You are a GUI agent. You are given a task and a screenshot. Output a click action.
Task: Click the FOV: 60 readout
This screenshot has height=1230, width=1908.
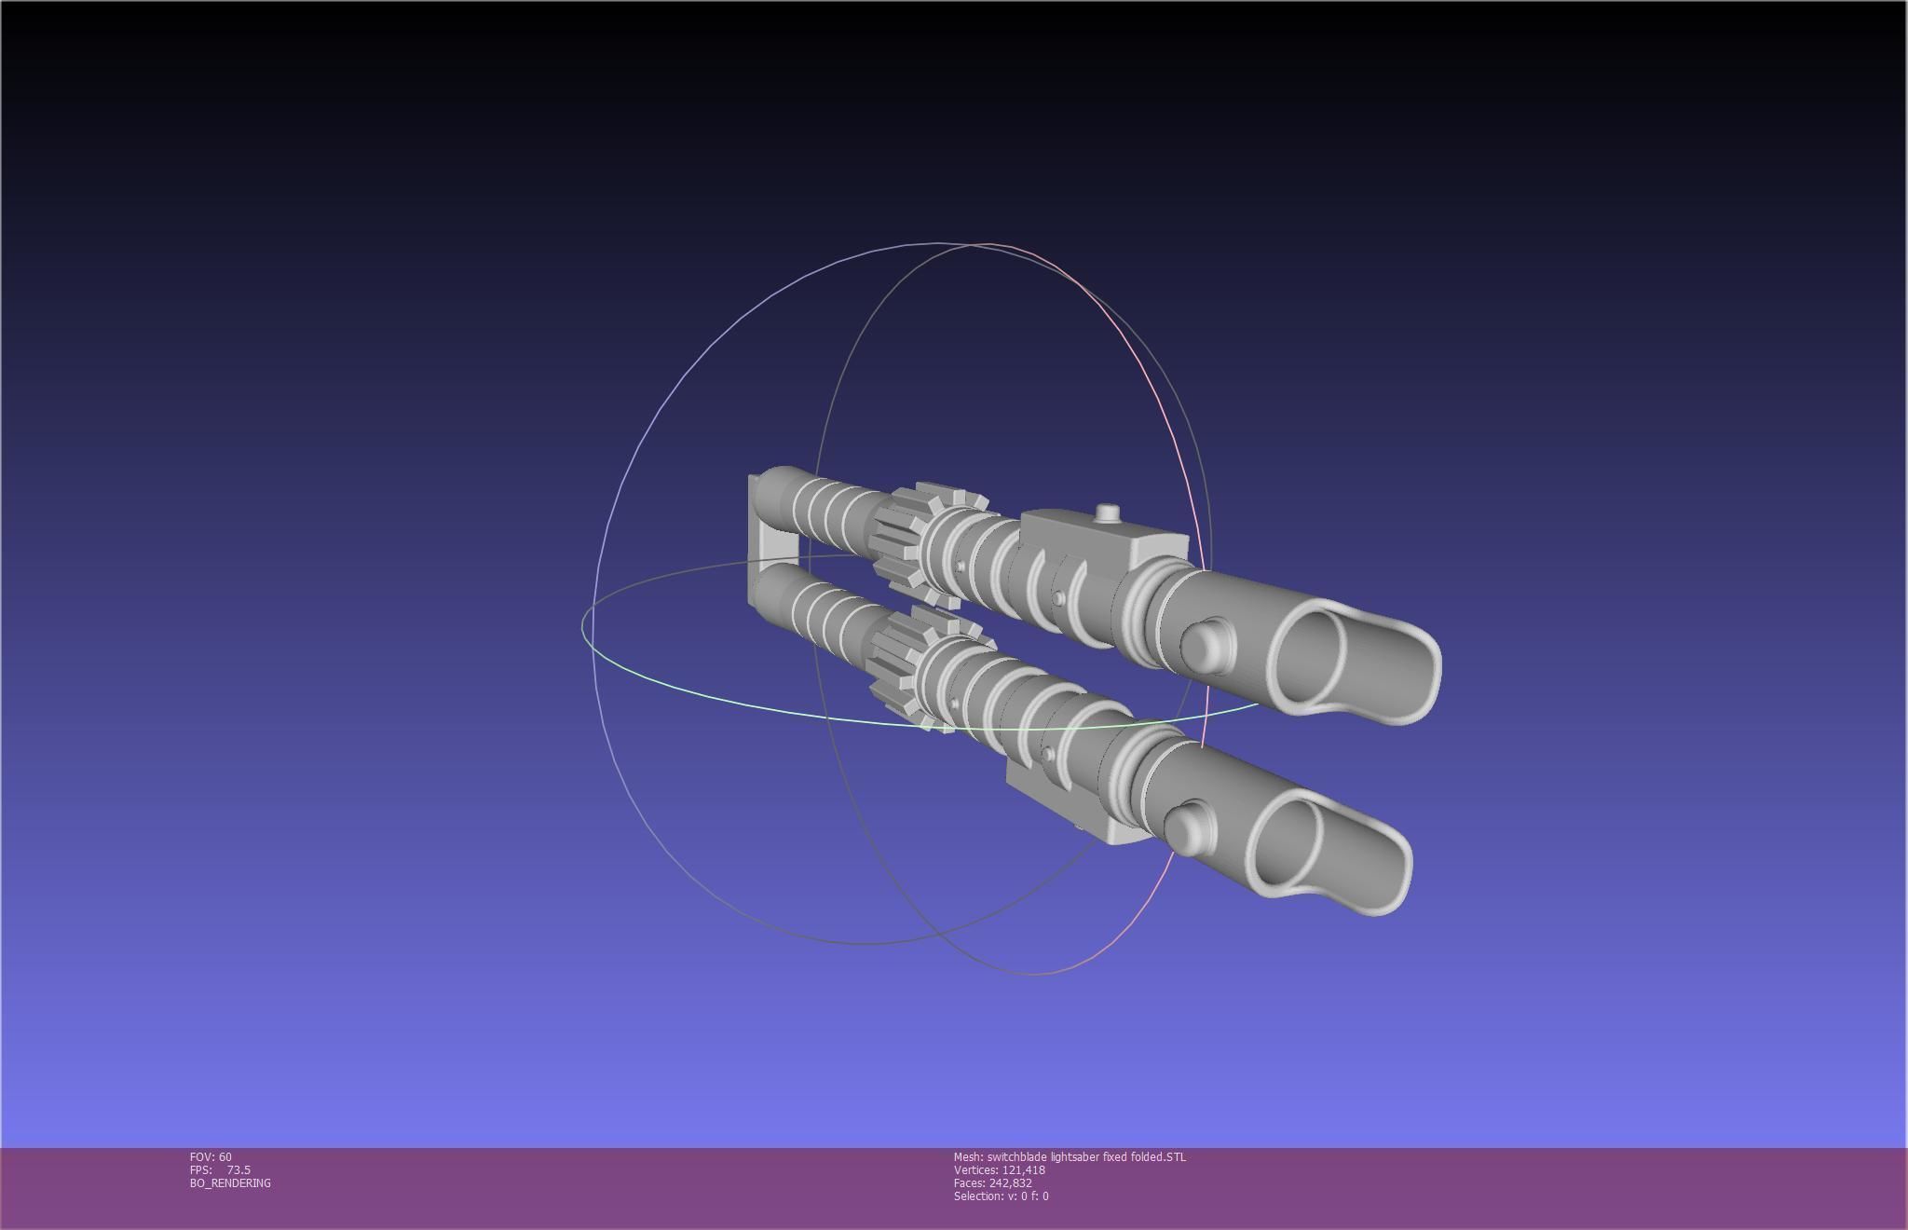pos(211,1156)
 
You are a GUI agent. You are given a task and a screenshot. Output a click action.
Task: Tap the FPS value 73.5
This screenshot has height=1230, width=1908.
pos(238,1169)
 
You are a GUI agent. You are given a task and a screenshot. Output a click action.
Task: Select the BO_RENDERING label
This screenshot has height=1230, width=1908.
pos(230,1182)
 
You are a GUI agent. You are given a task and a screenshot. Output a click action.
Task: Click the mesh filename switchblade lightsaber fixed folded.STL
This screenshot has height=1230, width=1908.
pos(1070,1156)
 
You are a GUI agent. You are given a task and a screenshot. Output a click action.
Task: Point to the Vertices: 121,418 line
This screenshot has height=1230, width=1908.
pos(999,1169)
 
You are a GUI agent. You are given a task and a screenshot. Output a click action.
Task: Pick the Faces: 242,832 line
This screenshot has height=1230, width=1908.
pos(992,1182)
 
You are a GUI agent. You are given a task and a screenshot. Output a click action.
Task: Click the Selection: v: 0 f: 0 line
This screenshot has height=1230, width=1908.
pos(1001,1196)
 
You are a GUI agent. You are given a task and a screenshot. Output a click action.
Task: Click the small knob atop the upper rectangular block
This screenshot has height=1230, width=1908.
pos(1107,512)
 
